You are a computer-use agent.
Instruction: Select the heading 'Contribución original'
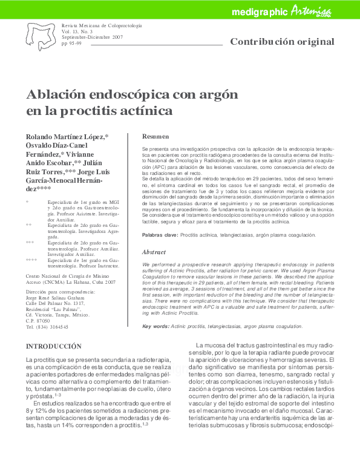[x=282, y=42]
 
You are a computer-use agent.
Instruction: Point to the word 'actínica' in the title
[x=141, y=111]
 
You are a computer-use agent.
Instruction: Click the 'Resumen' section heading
[x=155, y=137]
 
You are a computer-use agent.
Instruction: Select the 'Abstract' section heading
[x=154, y=252]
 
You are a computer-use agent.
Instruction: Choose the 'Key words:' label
[x=155, y=326]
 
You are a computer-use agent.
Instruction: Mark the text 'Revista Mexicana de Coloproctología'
[x=102, y=27]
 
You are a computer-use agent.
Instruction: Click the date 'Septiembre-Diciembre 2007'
[x=92, y=38]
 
